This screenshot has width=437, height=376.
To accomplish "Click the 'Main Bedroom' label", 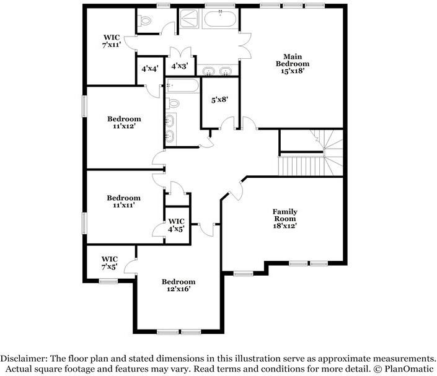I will coord(292,59).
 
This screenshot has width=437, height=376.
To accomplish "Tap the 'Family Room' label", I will coord(285,215).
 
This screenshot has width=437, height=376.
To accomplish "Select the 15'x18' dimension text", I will coord(292,71).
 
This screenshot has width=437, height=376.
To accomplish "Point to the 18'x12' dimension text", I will coord(285,226).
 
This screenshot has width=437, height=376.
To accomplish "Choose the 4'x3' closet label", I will coord(180,65).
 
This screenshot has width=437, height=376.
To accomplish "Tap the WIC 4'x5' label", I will coord(176,225).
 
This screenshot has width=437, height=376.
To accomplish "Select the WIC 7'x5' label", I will coord(110,263).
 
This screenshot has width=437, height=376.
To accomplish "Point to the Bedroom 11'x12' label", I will coord(124,122).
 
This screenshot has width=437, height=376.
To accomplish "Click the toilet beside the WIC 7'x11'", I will coord(146,22).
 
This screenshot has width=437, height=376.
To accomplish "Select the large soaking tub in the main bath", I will coord(219,19).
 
